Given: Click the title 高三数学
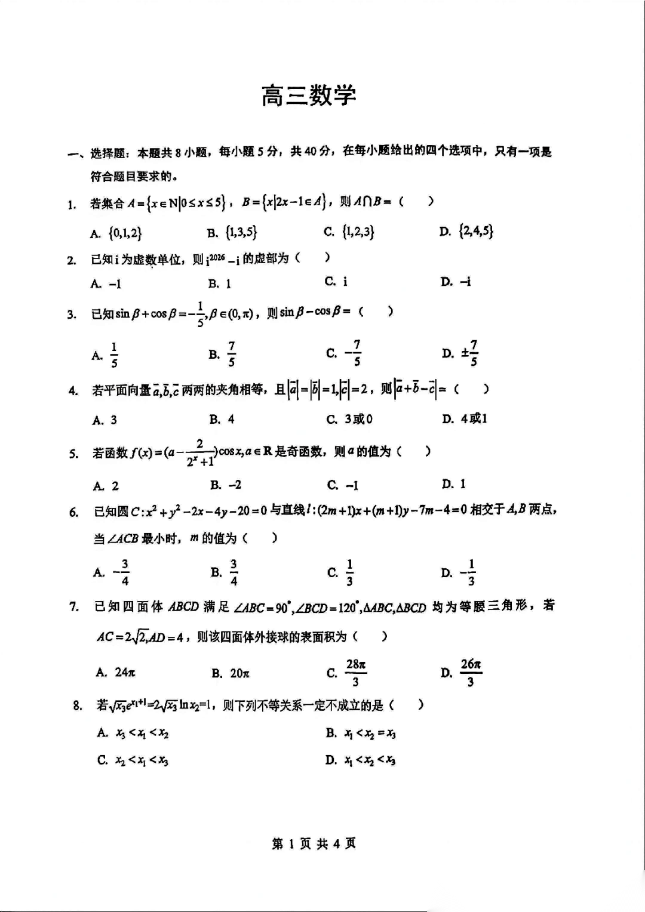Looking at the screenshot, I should click(309, 96).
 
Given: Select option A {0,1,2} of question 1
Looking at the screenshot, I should click(117, 233).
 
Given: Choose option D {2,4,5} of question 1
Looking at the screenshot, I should click(466, 231).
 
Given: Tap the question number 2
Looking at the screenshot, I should click(72, 260).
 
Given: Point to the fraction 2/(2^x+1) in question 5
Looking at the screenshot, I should click(200, 453).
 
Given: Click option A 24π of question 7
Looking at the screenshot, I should click(116, 672).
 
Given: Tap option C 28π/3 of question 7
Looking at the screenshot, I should click(347, 673).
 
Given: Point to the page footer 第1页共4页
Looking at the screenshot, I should click(314, 843).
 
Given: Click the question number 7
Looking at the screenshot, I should click(74, 607).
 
